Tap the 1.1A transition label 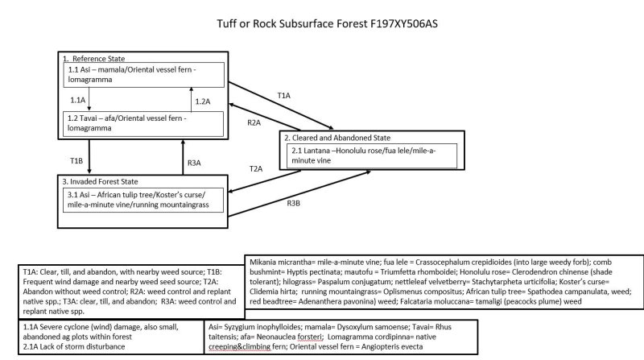77,99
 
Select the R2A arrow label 254,122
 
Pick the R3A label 194,163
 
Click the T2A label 255,170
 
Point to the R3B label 294,203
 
